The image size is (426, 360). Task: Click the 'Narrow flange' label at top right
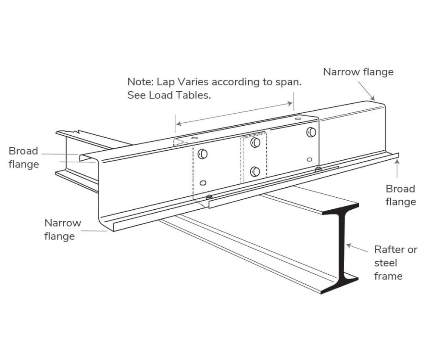pyautogui.click(x=358, y=72)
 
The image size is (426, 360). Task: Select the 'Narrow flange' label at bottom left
pyautogui.click(x=62, y=230)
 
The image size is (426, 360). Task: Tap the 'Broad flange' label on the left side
pyautogui.click(x=23, y=158)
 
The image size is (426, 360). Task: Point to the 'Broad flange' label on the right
pyautogui.click(x=400, y=195)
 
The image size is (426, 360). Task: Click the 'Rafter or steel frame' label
pyautogui.click(x=395, y=263)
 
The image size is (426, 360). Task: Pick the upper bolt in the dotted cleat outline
pyautogui.click(x=255, y=143)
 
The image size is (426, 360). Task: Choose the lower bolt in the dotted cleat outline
pyautogui.click(x=255, y=171)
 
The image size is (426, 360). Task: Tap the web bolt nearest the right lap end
pyautogui.click(x=311, y=132)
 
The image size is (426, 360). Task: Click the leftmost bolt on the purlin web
pyautogui.click(x=202, y=154)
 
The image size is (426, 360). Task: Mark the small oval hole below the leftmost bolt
pyautogui.click(x=203, y=183)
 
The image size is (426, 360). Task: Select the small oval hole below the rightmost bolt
pyautogui.click(x=309, y=159)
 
